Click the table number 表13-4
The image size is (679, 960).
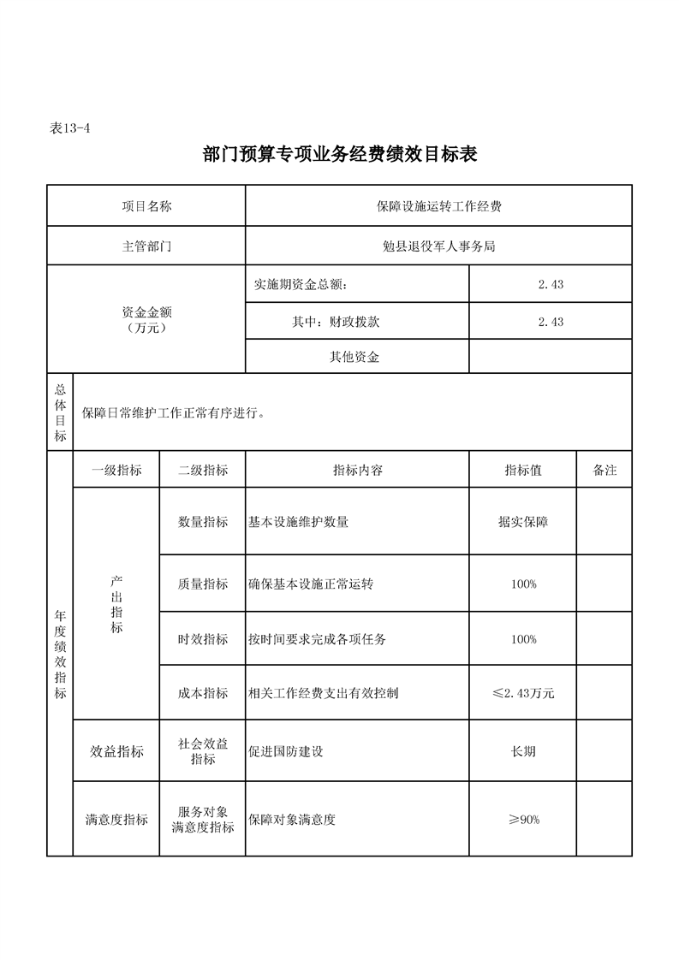click(x=70, y=128)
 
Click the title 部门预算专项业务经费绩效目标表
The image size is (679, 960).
click(x=339, y=155)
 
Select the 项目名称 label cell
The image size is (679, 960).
click(x=146, y=206)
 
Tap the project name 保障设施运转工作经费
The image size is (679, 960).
click(x=438, y=206)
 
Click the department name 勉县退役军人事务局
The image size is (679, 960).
click(x=438, y=246)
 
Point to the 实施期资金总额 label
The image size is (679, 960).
click(x=301, y=284)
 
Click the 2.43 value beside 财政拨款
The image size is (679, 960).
click(x=550, y=322)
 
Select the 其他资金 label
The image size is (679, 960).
click(x=354, y=358)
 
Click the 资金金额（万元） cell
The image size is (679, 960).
click(x=146, y=320)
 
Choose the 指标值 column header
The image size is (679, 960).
click(x=522, y=471)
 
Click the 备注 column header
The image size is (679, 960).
click(x=604, y=471)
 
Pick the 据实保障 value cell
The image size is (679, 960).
click(x=522, y=522)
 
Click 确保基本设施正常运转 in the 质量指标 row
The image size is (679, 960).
click(x=311, y=584)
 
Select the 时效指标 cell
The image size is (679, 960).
click(x=203, y=639)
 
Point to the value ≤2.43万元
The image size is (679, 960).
click(x=522, y=693)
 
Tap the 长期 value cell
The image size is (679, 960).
click(x=522, y=751)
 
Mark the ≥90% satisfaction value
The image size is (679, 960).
click(x=522, y=820)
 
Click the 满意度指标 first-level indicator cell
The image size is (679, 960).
click(x=116, y=820)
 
